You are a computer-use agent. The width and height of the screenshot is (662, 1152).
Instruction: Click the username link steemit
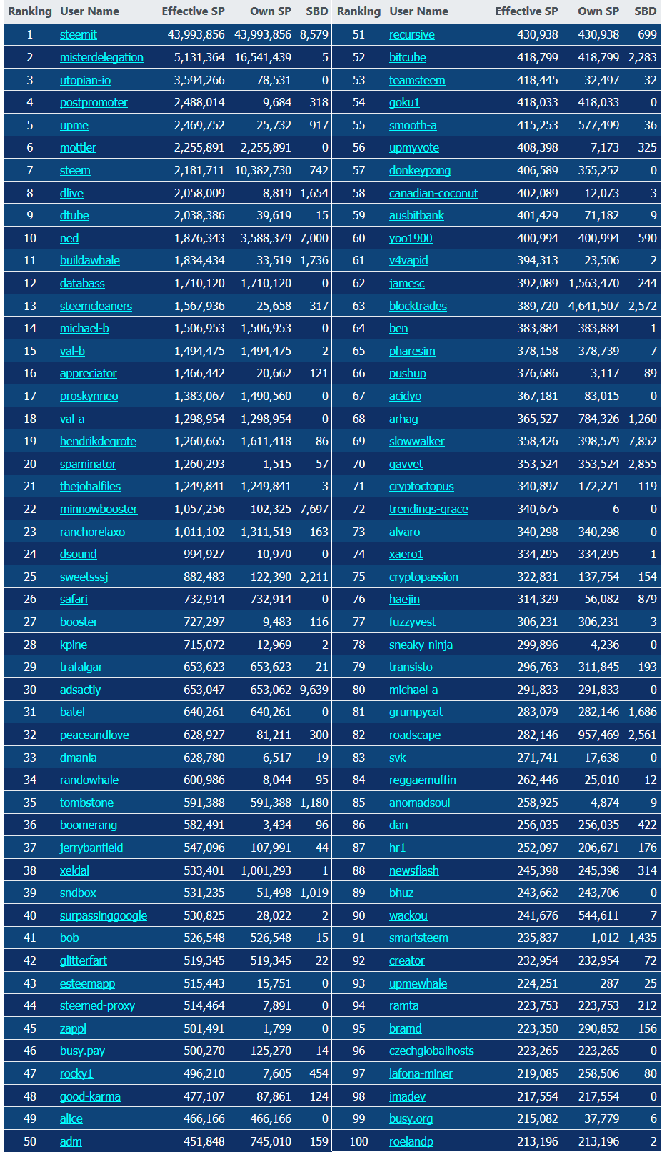coord(78,34)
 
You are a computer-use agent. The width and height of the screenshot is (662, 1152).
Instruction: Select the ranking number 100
coord(358,1141)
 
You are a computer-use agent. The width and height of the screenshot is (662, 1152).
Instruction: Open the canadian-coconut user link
coord(433,193)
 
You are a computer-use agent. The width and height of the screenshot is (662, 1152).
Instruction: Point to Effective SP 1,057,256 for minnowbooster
coord(199,509)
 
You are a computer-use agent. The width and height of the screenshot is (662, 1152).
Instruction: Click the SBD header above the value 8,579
coord(316,11)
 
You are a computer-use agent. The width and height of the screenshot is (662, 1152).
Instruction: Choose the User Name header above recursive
coord(418,11)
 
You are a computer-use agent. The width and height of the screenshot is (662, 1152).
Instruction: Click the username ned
coord(69,238)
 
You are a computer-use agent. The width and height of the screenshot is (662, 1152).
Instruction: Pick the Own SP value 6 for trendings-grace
coord(616,509)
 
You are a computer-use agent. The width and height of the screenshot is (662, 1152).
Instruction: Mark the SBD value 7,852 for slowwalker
coord(643,441)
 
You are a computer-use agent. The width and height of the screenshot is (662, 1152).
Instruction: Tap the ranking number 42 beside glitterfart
coord(30,960)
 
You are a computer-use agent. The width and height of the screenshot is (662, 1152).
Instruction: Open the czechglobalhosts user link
coord(431,1051)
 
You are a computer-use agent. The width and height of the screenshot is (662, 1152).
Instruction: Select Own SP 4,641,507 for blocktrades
coord(593,306)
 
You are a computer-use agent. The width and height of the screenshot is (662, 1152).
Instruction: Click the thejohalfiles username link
coord(90,486)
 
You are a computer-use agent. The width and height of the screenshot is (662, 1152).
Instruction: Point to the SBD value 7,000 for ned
coord(314,238)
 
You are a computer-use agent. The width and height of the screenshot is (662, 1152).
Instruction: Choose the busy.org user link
coord(411,1118)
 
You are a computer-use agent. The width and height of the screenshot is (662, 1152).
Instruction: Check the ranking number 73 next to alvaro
coord(358,532)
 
